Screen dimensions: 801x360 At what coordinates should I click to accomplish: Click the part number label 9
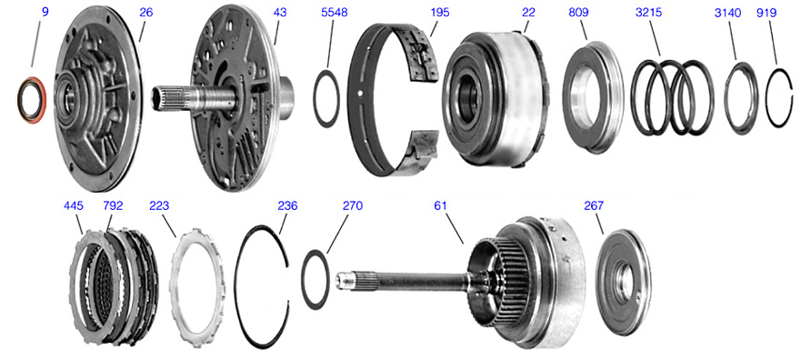(45, 12)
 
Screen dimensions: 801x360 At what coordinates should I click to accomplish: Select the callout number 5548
(334, 12)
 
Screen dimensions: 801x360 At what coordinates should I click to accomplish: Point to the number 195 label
(440, 12)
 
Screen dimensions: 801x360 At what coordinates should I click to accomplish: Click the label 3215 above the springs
(649, 12)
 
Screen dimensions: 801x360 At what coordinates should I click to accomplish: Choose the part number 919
(766, 12)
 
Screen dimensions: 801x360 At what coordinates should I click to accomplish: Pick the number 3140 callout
(727, 12)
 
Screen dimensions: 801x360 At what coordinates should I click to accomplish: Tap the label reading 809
(579, 12)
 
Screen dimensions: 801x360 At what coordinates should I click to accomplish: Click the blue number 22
(528, 12)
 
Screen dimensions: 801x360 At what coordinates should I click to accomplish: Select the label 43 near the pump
(280, 12)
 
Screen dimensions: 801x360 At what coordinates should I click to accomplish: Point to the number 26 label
(146, 12)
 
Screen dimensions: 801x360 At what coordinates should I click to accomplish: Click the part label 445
(74, 205)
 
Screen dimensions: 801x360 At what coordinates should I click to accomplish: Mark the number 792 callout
(113, 205)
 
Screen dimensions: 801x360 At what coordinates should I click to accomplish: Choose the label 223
(159, 205)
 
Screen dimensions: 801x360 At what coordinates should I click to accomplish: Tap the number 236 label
(287, 205)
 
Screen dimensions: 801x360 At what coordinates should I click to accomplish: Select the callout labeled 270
(353, 205)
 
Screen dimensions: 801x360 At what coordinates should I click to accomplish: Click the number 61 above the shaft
(440, 205)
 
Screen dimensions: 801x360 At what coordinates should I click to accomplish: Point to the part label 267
(594, 205)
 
